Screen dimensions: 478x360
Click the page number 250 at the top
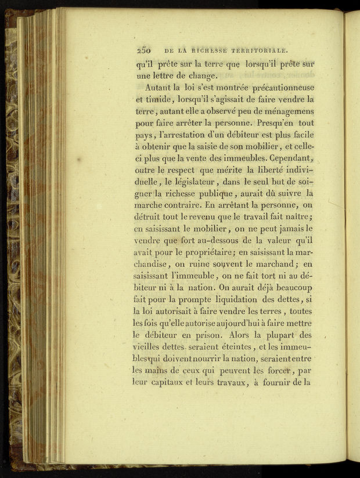pos(142,49)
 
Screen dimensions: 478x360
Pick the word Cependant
pos(290,159)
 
